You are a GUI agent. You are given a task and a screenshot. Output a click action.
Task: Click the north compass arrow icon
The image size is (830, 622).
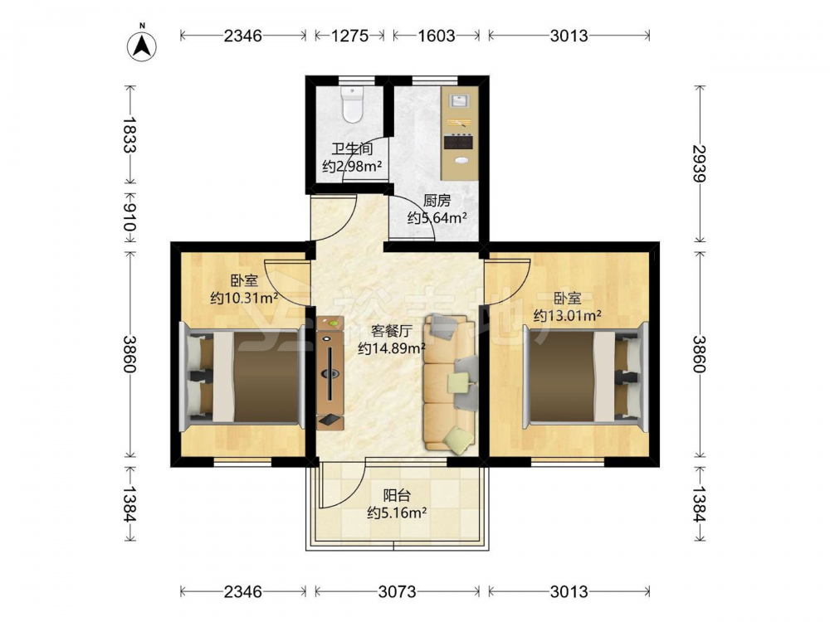142,46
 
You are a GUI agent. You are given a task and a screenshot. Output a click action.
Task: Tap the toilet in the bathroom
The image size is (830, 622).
351,104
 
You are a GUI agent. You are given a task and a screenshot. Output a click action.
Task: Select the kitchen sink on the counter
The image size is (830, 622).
459,101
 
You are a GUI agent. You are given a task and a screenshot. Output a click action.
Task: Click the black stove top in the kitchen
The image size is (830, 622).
458,141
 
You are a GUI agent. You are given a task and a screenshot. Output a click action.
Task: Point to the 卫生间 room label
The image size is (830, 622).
352,148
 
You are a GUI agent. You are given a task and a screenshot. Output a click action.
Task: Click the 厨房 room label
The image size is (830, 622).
437,201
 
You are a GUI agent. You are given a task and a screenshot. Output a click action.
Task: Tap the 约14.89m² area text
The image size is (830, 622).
392,348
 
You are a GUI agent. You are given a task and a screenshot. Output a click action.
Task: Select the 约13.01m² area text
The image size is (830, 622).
567,316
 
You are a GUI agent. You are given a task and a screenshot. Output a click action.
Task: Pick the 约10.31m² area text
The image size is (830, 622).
244,298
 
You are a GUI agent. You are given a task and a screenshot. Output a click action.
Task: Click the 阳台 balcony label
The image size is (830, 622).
397,495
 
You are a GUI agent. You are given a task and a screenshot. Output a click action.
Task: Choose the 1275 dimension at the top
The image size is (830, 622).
350,36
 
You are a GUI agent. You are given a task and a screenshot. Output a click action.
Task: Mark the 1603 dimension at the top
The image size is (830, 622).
437,36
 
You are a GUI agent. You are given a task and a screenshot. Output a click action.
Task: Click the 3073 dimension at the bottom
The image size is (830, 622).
397,591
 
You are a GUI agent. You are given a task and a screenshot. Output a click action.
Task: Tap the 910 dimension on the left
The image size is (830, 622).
129,217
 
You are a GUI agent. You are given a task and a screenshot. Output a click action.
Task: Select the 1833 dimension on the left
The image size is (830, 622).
129,134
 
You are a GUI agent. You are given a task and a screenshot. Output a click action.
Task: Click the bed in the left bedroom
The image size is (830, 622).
242,377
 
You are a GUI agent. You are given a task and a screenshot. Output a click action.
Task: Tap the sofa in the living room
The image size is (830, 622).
450,384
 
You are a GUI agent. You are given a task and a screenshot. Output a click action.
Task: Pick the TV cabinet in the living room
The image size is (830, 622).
330,372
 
